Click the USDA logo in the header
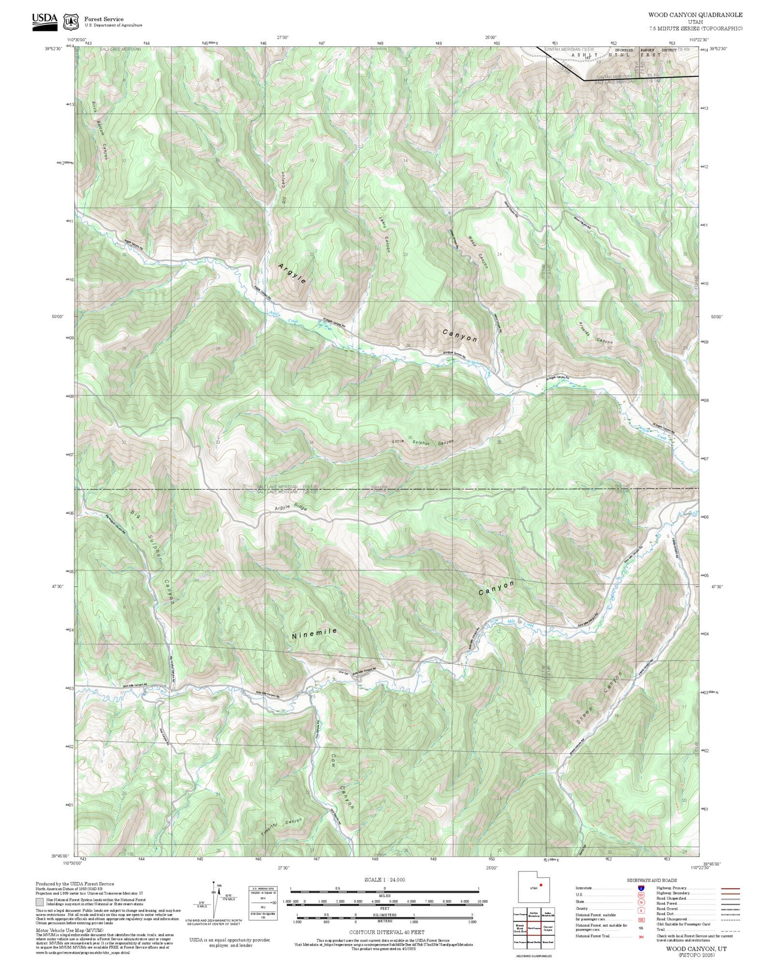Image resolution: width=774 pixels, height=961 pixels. pyautogui.click(x=44, y=21)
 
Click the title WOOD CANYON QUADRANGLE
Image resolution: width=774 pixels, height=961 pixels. pyautogui.click(x=695, y=15)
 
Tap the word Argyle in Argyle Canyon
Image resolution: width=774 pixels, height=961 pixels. pyautogui.click(x=292, y=273)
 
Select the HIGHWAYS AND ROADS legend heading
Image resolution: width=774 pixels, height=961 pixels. pyautogui.click(x=651, y=880)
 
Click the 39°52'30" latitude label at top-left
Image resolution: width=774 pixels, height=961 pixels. pyautogui.click(x=56, y=49)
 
